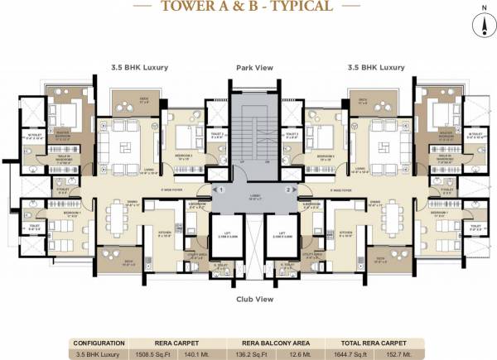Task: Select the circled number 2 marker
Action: pos(289,190)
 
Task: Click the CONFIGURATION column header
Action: pos(99,340)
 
